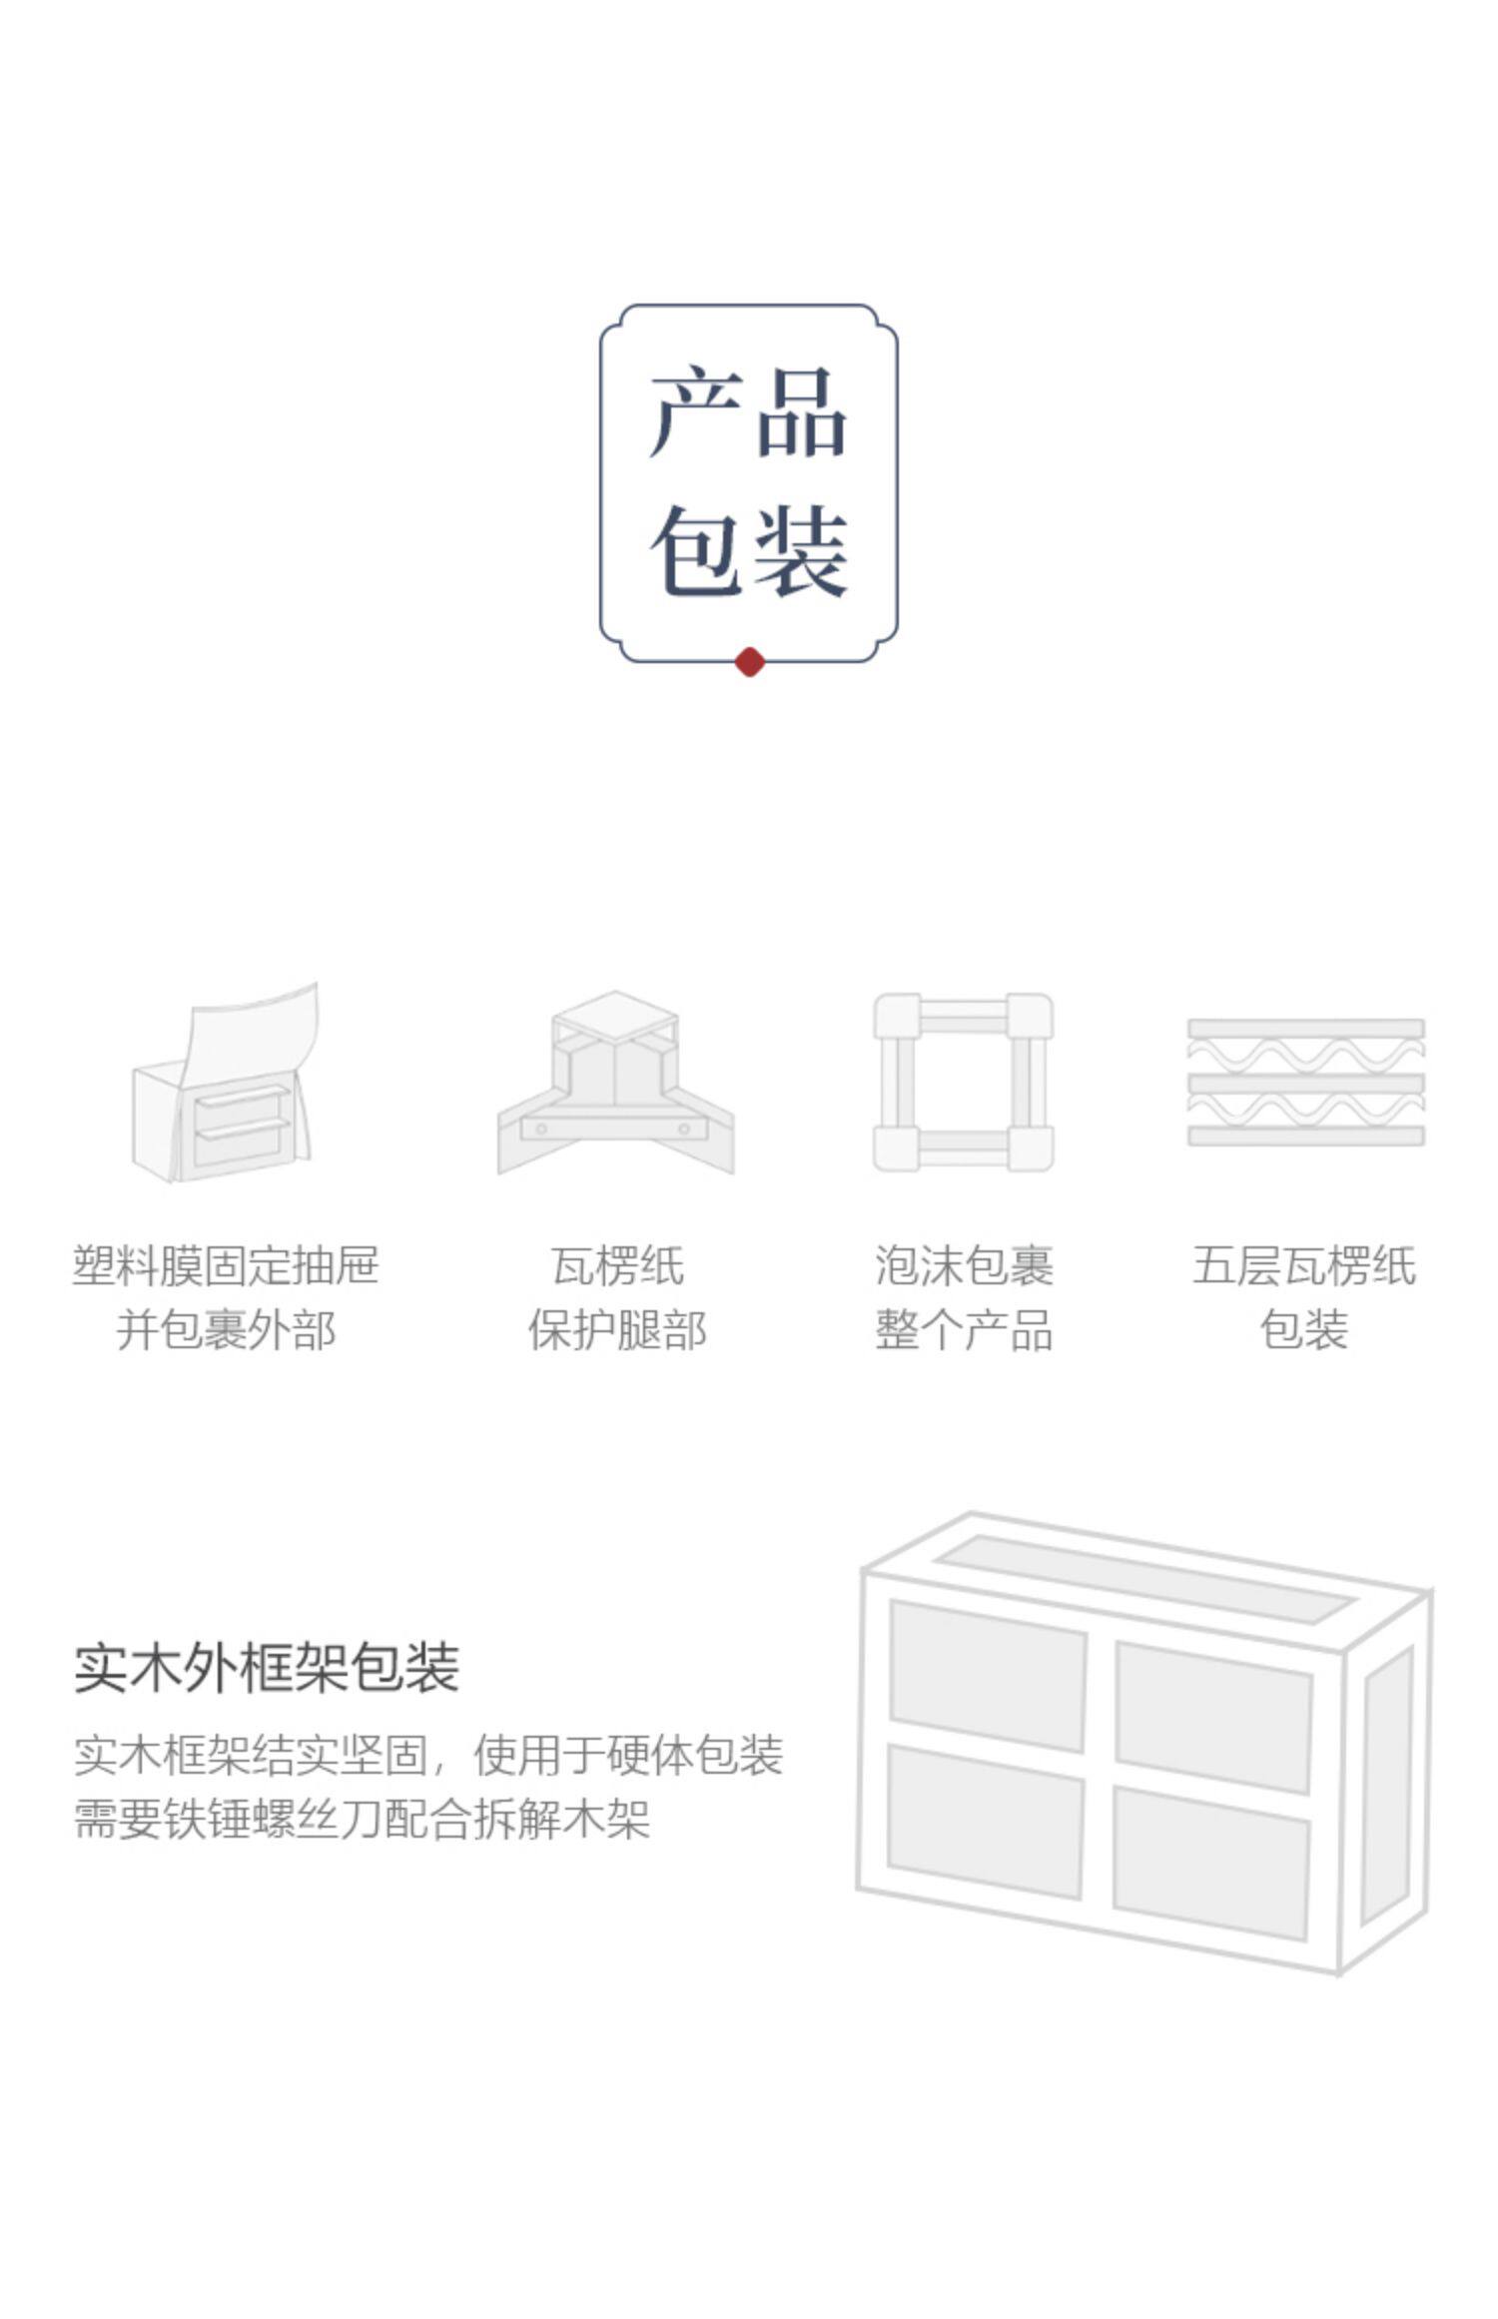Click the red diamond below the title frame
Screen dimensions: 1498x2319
(x=749, y=662)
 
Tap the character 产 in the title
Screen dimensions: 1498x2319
(x=697, y=411)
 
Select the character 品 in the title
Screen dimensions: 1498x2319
(x=801, y=411)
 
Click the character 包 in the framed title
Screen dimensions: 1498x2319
(x=697, y=551)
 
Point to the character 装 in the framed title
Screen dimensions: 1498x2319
(x=801, y=551)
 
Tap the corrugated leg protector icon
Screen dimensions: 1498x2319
(x=616, y=1083)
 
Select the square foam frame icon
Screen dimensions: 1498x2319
(x=964, y=1082)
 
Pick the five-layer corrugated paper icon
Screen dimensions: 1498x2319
(x=1306, y=1082)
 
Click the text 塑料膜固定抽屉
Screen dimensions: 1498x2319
(x=226, y=1265)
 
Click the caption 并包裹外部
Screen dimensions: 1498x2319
(x=226, y=1330)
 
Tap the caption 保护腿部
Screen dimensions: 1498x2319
(x=617, y=1330)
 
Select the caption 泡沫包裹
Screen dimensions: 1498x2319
(x=964, y=1265)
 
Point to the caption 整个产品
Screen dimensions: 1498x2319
(x=964, y=1330)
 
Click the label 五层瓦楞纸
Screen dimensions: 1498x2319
(x=1304, y=1265)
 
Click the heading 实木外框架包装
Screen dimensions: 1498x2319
(x=267, y=1667)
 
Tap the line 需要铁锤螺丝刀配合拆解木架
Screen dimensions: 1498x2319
(x=363, y=1819)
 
